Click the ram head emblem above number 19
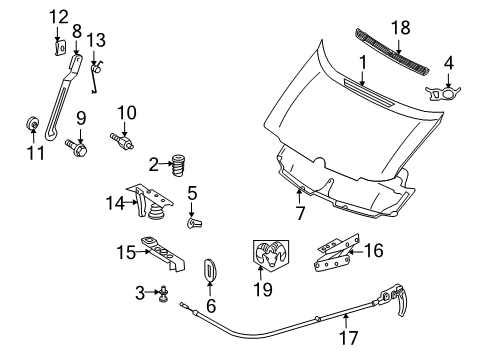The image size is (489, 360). coord(267,257)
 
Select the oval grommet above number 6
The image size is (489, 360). coord(211,271)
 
